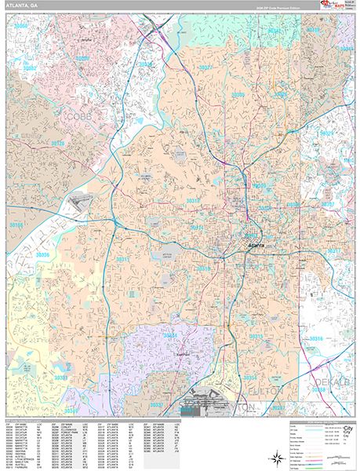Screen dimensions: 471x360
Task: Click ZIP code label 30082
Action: [x=29, y=69]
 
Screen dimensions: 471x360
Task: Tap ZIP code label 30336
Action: [x=43, y=255]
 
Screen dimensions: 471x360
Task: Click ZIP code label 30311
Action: [x=123, y=259]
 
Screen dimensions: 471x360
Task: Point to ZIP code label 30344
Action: [x=170, y=335]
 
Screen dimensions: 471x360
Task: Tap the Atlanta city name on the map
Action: [x=256, y=246]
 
